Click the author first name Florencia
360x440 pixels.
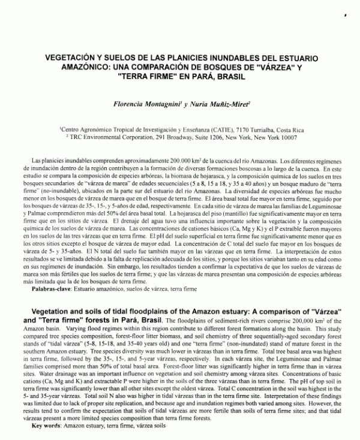pyautogui.click(x=135, y=104)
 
